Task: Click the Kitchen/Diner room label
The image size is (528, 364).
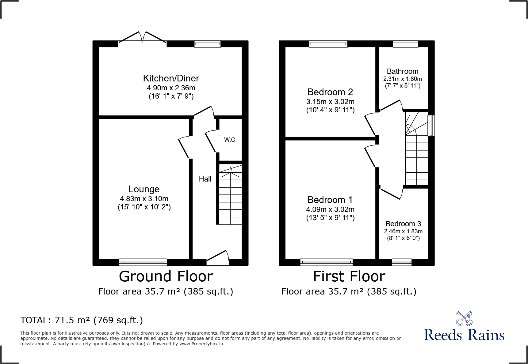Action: coord(171,78)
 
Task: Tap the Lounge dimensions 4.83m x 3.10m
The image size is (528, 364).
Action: coord(144,199)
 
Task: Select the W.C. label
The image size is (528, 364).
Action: coord(230,140)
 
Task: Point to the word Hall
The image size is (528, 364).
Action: coord(205,179)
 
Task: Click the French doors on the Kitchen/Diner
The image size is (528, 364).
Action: coord(143,39)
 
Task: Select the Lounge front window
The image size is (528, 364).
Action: coord(143,262)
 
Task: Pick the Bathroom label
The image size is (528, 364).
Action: coord(402,71)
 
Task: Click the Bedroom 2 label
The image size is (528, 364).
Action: coord(330,92)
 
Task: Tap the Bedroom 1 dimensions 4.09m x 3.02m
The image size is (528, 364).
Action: coord(330,209)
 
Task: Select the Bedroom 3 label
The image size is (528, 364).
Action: coord(403,224)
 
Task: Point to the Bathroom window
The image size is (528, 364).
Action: coord(405,44)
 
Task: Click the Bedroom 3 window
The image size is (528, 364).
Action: coord(402,262)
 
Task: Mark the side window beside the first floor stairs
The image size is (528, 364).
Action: coord(431,126)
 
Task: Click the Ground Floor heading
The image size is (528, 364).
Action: coord(166,276)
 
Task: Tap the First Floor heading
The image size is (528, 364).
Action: coord(349,276)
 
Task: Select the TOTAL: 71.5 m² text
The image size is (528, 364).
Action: coord(82,320)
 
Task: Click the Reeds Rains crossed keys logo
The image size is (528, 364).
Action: coord(464,319)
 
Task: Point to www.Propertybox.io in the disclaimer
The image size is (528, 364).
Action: coord(201,344)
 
